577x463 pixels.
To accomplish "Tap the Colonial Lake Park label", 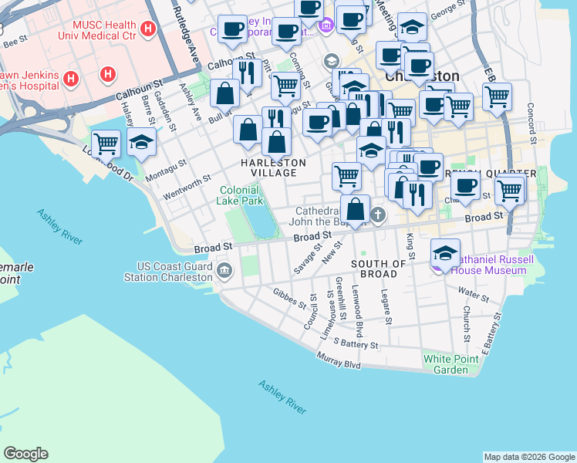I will tap(241, 195).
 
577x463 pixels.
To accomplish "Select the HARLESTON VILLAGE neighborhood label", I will tap(273, 167).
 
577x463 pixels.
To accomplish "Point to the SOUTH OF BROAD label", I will tap(378, 269).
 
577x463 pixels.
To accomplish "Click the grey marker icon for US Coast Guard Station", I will tap(224, 270).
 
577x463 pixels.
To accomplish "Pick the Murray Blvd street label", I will tap(339, 360).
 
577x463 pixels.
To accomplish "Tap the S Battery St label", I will tap(354, 343).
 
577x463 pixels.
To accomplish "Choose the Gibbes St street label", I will tap(289, 298).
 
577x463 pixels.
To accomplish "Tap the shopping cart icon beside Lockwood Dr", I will tap(106, 143).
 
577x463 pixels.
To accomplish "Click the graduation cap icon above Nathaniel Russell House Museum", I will tap(445, 253).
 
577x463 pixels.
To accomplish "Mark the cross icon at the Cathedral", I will tap(377, 215).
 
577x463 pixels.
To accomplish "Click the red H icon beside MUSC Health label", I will tap(148, 30).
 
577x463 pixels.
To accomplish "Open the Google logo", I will tap(25, 454).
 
